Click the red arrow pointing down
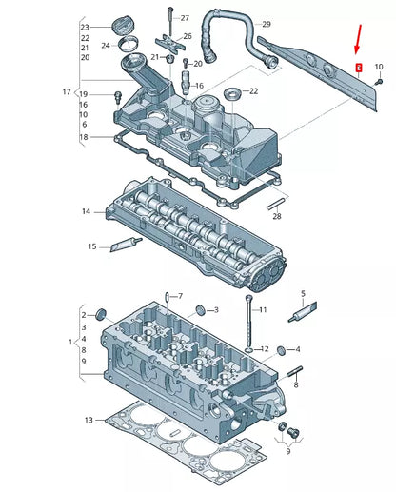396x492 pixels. tap(358, 39)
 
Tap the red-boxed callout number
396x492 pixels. tap(359, 68)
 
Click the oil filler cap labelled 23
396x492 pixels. tap(121, 26)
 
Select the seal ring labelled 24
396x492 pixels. tap(129, 44)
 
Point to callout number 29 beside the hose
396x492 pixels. tap(267, 24)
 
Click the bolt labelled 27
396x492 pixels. tap(170, 21)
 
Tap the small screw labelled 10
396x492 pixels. tap(379, 82)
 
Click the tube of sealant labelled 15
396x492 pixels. tap(126, 244)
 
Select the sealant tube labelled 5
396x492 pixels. tap(303, 312)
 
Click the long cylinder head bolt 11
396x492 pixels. tap(248, 321)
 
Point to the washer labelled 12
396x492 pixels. tap(249, 350)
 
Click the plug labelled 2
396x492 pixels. tap(101, 314)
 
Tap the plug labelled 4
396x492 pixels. tap(282, 350)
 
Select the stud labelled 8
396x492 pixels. tap(295, 371)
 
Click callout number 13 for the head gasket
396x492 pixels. tap(89, 420)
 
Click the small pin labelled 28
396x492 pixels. tap(277, 204)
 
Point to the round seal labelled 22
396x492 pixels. tap(232, 93)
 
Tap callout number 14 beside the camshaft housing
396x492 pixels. tap(86, 211)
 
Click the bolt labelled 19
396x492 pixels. tap(118, 97)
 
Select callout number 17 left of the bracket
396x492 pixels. tap(67, 92)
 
